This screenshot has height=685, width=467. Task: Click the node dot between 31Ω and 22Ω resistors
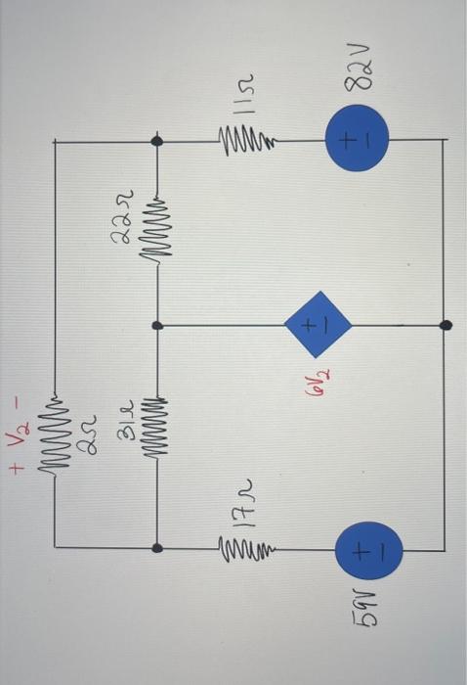[157, 324]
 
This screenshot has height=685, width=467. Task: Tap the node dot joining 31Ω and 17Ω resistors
[157, 548]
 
